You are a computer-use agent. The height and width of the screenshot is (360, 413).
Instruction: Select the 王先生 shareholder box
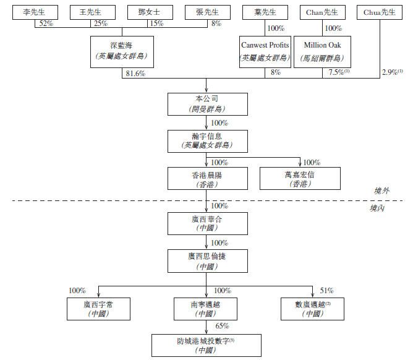coord(92,12)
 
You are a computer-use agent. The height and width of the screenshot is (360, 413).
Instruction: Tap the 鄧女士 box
coord(148,12)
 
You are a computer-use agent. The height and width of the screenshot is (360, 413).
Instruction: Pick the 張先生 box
coord(205,12)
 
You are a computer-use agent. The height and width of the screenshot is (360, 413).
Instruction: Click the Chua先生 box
coord(379,12)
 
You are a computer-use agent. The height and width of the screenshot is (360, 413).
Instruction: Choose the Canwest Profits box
coord(264,51)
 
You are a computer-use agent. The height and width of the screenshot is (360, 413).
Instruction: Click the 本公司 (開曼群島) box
coord(207,104)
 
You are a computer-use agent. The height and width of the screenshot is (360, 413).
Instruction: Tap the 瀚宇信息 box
coord(207,140)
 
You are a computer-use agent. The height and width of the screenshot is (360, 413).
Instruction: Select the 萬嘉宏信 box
coord(299,178)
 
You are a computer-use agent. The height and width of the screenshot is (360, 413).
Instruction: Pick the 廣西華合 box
coord(207,223)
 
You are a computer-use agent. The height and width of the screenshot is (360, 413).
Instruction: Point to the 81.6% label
coord(135,73)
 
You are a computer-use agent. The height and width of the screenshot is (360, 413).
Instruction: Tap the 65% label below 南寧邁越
coord(222,326)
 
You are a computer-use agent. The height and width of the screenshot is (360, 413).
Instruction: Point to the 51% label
coord(326,290)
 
